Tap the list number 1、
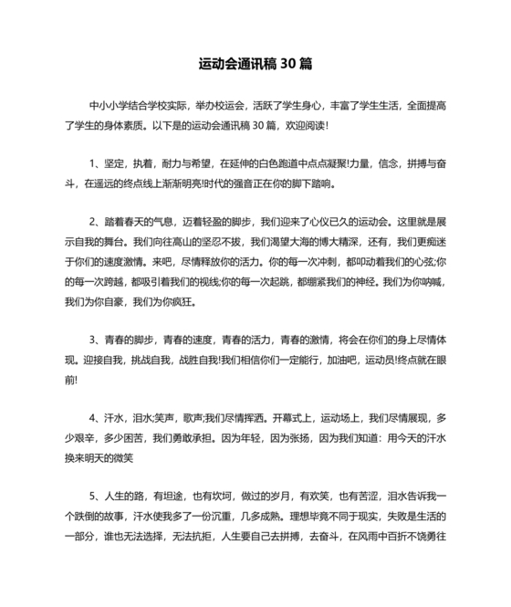point(95,163)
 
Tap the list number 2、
point(95,222)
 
